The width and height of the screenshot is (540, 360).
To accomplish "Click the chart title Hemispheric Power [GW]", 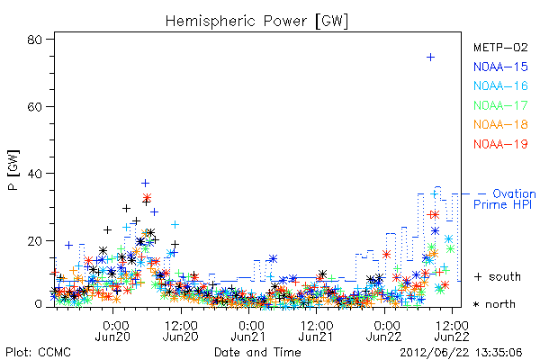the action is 256,22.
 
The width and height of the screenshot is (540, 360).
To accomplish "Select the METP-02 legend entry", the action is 500,48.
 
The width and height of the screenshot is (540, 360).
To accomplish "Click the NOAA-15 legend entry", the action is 500,67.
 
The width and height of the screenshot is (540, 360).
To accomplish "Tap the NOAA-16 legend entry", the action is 500,85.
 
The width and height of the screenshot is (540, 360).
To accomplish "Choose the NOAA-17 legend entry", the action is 500,105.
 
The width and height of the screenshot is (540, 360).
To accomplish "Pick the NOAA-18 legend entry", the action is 500,124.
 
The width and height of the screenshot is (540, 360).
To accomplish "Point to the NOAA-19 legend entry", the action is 500,144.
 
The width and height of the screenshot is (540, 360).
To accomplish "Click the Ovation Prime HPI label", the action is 505,199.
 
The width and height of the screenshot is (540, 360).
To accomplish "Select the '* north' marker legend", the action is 494,304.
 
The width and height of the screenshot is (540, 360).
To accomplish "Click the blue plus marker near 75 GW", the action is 430,58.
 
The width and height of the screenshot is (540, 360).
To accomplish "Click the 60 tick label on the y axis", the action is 34,107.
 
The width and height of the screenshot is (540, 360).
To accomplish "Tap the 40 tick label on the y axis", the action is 34,174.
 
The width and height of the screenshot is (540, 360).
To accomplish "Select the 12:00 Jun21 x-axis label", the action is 316,330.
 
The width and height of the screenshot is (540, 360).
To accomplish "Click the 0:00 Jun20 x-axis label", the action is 112,330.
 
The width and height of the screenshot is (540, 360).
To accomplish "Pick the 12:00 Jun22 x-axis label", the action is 452,330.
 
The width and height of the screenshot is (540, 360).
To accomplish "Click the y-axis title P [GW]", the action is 13,170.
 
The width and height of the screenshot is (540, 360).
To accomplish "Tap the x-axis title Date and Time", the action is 257,353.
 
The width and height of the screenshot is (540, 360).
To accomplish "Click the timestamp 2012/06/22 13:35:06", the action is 461,353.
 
